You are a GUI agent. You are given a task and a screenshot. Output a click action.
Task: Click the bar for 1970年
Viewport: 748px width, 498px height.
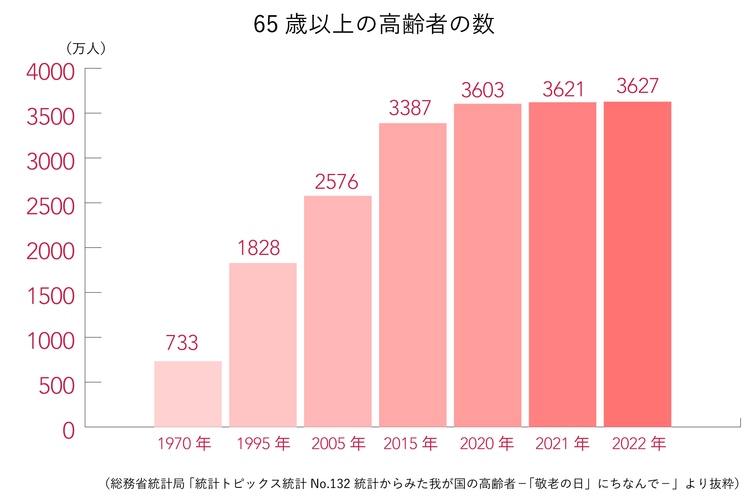(x=188, y=394)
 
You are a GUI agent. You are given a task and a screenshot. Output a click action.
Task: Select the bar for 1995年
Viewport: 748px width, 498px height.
(x=263, y=345)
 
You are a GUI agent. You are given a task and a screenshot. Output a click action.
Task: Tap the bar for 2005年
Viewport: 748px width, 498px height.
(x=337, y=311)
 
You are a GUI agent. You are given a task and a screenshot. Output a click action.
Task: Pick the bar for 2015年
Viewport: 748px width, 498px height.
(x=413, y=275)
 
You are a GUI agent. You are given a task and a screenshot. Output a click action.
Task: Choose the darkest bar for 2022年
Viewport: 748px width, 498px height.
(x=637, y=264)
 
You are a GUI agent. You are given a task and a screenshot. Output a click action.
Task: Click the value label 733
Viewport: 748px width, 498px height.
(x=182, y=343)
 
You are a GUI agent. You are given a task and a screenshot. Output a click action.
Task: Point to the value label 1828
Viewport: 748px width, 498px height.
(x=259, y=248)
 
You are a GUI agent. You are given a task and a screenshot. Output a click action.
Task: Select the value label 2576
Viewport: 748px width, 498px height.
(x=336, y=182)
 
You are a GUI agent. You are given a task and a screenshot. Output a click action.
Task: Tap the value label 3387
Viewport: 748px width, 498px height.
(x=410, y=108)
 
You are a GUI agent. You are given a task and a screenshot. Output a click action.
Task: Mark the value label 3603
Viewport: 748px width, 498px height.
(x=483, y=90)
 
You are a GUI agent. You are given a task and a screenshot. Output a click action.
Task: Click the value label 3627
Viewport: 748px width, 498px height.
(x=637, y=86)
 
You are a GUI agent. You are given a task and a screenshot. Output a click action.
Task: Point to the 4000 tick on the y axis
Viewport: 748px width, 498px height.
(x=51, y=72)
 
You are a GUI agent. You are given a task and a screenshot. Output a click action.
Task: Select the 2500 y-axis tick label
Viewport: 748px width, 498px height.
(x=51, y=207)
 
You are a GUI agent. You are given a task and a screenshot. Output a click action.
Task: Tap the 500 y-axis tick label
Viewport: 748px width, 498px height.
(x=57, y=386)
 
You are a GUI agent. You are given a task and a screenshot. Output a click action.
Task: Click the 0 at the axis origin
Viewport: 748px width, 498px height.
(x=69, y=431)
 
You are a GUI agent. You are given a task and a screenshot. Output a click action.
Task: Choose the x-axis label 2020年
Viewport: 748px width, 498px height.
(x=487, y=444)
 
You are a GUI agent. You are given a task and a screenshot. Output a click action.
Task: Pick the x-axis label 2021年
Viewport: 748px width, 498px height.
(x=563, y=444)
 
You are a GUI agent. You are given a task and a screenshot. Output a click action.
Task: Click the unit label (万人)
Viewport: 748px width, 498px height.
(x=86, y=49)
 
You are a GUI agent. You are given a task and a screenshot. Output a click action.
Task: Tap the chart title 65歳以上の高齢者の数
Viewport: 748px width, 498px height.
(x=374, y=24)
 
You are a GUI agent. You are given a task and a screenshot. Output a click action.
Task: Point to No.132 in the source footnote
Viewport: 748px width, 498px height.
(x=330, y=484)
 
